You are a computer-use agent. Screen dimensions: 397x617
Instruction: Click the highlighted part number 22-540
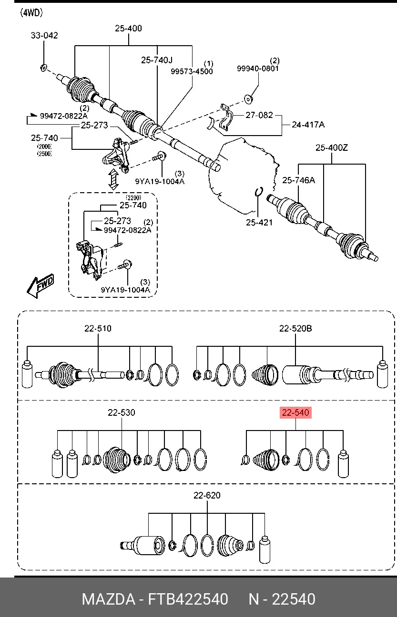295,412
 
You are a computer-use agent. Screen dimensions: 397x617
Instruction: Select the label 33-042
44,35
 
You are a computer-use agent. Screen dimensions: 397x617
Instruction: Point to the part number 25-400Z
332,147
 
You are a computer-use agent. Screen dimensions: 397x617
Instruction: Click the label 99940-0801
258,69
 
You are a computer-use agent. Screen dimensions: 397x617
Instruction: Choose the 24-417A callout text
308,125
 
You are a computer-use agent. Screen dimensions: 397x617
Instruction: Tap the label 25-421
259,222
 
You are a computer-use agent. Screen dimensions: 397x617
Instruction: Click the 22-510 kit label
98,328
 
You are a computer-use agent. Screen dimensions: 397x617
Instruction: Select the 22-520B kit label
295,328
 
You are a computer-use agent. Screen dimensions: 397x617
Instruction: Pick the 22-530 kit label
122,412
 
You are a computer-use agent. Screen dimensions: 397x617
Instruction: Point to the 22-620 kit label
207,495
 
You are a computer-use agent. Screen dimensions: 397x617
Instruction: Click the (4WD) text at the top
31,13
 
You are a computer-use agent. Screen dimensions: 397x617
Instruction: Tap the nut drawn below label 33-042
43,67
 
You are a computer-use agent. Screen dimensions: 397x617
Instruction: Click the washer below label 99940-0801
248,99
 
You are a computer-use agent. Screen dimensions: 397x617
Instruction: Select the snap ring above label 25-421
259,192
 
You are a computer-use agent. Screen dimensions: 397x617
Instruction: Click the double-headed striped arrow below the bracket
113,179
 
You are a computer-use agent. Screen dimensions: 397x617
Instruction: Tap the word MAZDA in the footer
108,599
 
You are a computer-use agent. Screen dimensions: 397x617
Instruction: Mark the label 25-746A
298,180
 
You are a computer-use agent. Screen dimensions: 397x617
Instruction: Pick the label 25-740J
157,60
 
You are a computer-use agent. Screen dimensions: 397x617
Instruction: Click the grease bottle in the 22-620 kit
265,549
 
